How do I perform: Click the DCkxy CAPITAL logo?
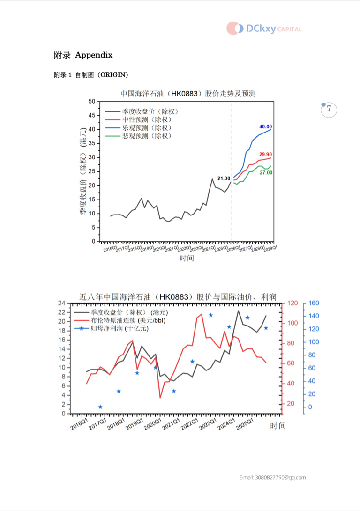pos(264,29)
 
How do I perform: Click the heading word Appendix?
pos(94,55)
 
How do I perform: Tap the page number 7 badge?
pos(329,109)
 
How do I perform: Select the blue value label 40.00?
pos(265,127)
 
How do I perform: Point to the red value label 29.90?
pos(265,154)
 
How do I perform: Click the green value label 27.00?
pos(266,173)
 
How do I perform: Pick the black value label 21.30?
pos(224,178)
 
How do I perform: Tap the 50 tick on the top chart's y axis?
pos(91,102)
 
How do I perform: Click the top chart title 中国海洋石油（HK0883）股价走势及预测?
pos(188,93)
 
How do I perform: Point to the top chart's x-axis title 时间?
pos(187,258)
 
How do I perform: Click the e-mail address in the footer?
pos(272,477)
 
